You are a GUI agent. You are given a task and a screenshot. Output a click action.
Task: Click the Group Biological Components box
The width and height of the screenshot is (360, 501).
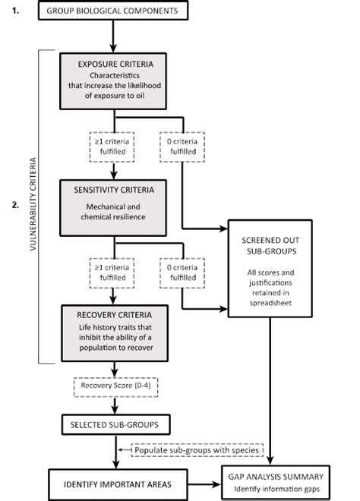tap(112, 11)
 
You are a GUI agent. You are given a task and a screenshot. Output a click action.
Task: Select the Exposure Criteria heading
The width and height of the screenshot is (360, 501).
tap(114, 64)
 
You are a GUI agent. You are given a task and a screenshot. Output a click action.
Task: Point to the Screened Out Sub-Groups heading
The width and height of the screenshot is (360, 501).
tap(270, 241)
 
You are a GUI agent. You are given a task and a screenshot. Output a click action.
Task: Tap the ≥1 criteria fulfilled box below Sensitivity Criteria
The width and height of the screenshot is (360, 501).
tap(113, 271)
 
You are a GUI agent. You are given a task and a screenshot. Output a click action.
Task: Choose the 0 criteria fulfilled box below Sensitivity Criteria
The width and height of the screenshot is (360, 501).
tap(183, 271)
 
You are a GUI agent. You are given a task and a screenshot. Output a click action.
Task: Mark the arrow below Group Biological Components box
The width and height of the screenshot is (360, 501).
tap(113, 33)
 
